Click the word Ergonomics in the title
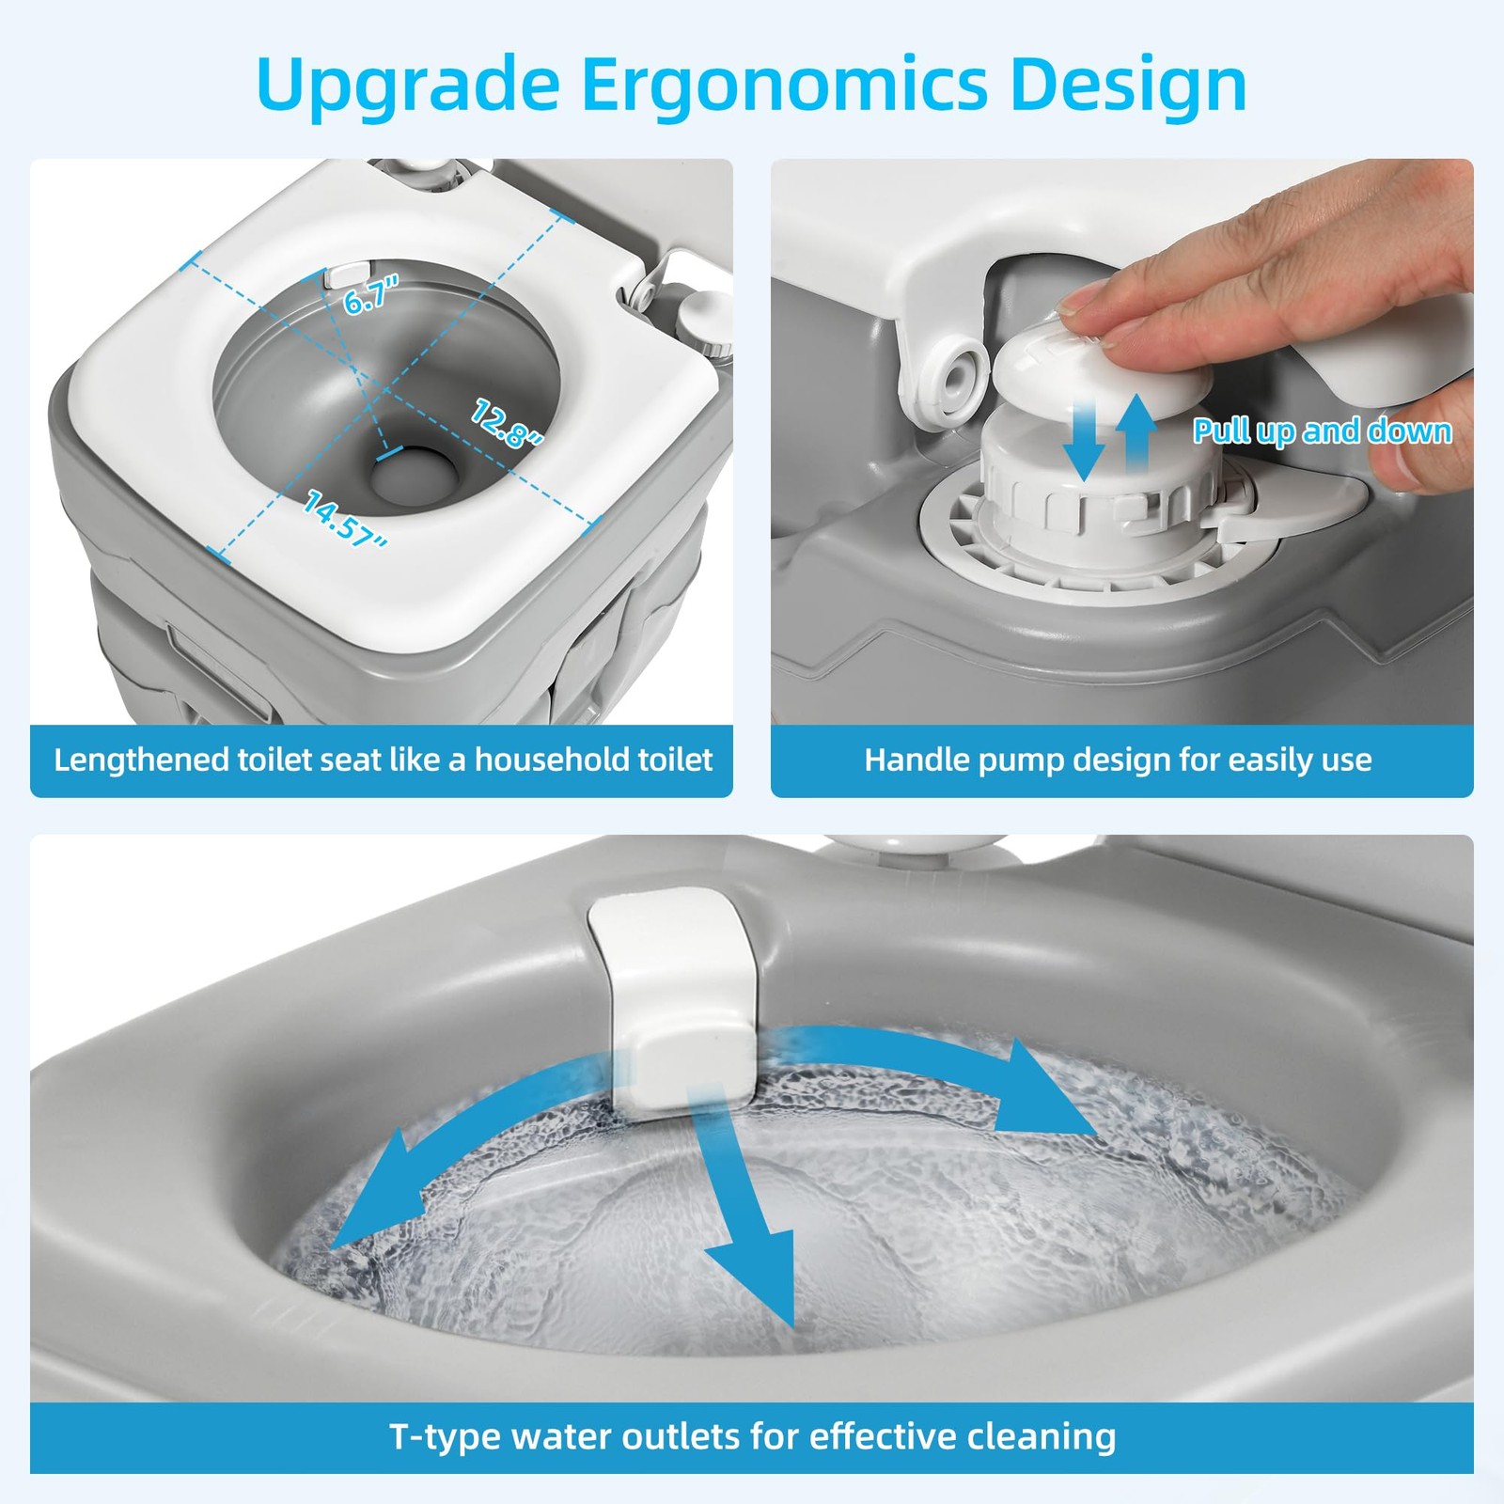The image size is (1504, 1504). pos(784,86)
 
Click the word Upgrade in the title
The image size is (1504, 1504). pos(408,86)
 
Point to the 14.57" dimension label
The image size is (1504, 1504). pos(345,519)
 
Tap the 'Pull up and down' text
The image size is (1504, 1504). pos(1323,431)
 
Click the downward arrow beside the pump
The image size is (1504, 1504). pos(1086,437)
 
